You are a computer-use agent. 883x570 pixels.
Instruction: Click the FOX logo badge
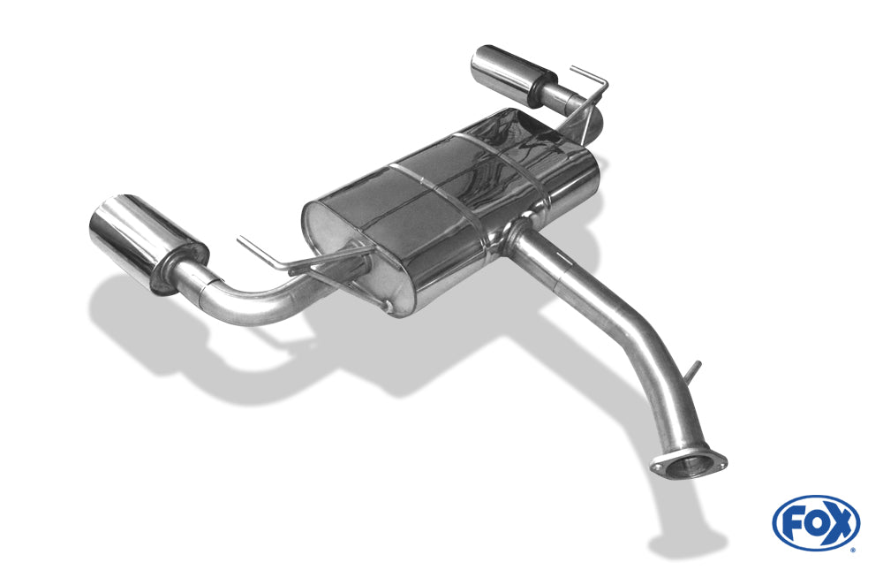[816, 522]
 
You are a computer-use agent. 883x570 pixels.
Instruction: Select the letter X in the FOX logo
[839, 524]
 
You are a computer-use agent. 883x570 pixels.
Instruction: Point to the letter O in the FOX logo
[815, 524]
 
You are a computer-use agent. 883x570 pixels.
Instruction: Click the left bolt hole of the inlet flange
[657, 467]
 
